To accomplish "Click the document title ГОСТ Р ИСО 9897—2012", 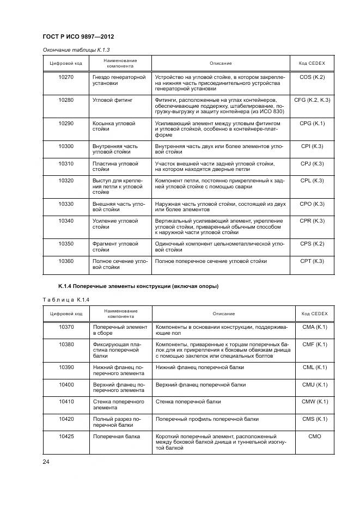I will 81,37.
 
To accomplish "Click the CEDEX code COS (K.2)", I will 312,77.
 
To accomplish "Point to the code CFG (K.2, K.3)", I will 312,101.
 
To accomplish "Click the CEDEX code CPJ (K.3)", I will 312,164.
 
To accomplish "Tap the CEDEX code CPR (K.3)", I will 312,221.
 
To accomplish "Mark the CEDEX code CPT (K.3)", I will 312,261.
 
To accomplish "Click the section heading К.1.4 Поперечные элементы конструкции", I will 138,286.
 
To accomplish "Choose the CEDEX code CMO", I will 314,437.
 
